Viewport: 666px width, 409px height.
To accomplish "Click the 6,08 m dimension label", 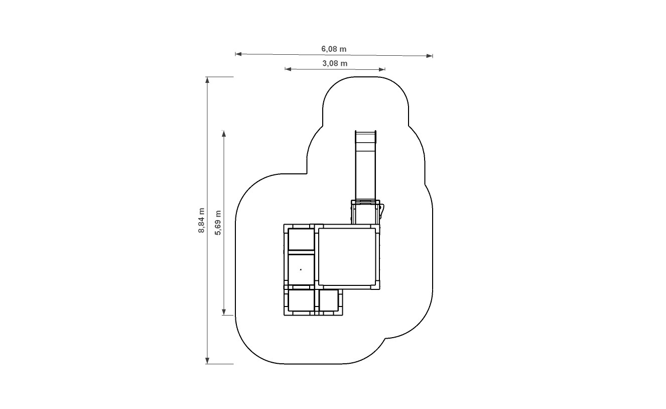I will pyautogui.click(x=334, y=49).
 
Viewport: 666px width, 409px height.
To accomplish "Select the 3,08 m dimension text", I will pyautogui.click(x=335, y=64).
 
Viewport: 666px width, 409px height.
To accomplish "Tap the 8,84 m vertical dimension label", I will pyautogui.click(x=201, y=220).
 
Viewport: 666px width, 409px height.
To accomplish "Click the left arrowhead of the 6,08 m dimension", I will pyautogui.click(x=238, y=54).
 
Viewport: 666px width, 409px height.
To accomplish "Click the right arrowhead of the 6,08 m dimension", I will pyautogui.click(x=430, y=56).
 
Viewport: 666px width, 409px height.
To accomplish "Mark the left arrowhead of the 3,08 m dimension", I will pyautogui.click(x=288, y=69).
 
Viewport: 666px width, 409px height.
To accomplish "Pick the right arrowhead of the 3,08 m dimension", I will pyautogui.click(x=382, y=69).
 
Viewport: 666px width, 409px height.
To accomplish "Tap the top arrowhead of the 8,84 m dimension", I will pyautogui.click(x=207, y=80).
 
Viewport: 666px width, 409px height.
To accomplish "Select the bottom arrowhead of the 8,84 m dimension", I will pyautogui.click(x=207, y=360).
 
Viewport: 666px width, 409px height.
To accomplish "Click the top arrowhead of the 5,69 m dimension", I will pyautogui.click(x=223, y=133).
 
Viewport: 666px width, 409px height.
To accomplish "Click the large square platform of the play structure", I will pyautogui.click(x=347, y=256).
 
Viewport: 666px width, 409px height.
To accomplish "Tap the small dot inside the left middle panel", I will pyautogui.click(x=301, y=270).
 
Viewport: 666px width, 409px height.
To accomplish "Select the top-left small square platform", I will pyautogui.click(x=301, y=240).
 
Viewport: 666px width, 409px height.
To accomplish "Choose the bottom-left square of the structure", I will pyautogui.click(x=301, y=300).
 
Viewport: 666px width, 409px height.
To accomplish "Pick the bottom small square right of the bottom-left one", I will pyautogui.click(x=328, y=300).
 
